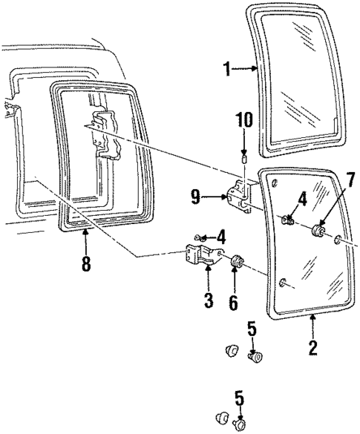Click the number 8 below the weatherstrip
pyautogui.click(x=86, y=264)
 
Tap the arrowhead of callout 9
pyautogui.click(x=227, y=197)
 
